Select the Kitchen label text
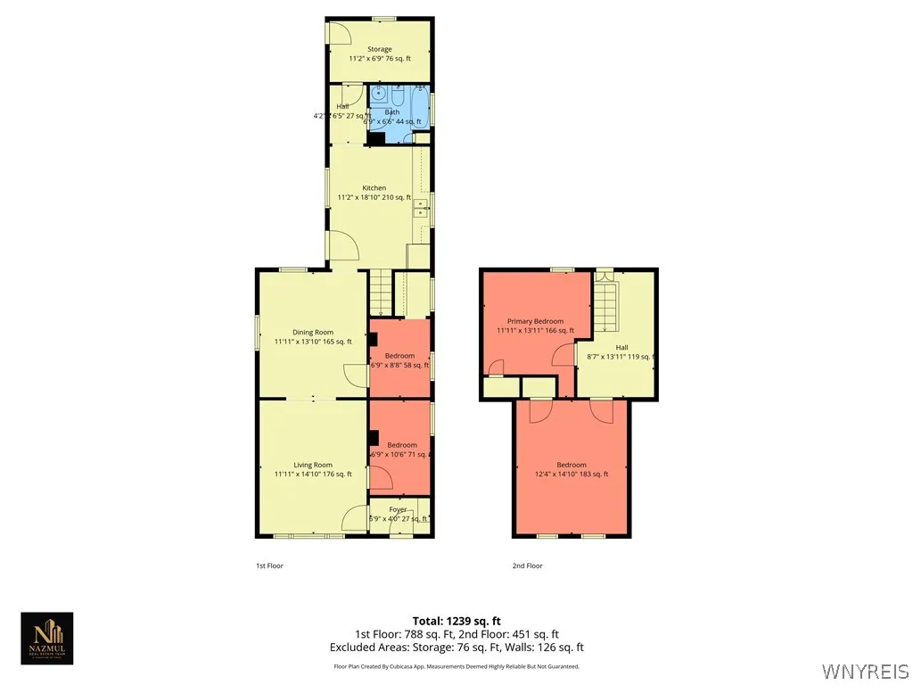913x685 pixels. point(374,188)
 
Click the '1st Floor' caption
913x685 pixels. point(269,565)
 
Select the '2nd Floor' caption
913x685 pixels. point(527,565)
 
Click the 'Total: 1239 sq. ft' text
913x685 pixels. point(456,621)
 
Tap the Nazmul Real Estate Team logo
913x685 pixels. point(47,639)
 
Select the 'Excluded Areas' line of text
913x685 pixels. point(456,648)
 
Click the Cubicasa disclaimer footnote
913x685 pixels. point(456,666)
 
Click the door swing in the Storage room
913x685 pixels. point(338,32)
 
